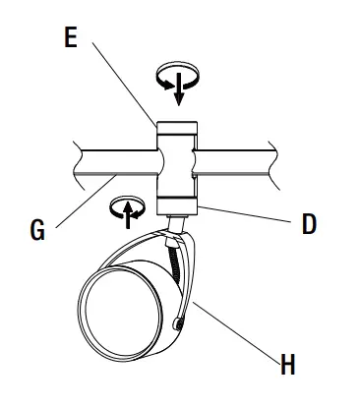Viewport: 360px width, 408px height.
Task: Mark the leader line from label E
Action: (123, 85)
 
